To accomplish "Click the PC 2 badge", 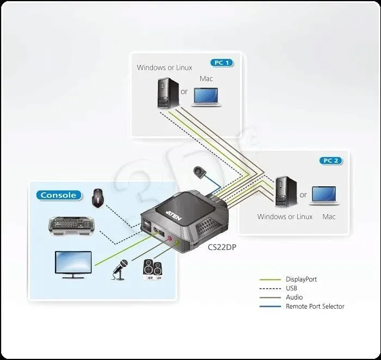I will pos(331,160).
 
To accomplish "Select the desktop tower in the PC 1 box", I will pos(165,93).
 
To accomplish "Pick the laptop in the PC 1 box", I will pos(206,96).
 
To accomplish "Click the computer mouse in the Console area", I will pos(98,199).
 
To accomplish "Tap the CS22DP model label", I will pos(222,247).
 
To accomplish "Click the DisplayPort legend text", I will pos(301,279).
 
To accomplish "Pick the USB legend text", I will pos(292,288).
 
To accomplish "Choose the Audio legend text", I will pos(294,297).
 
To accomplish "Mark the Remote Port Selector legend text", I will pos(315,306).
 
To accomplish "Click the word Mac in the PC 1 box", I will pos(206,78).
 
